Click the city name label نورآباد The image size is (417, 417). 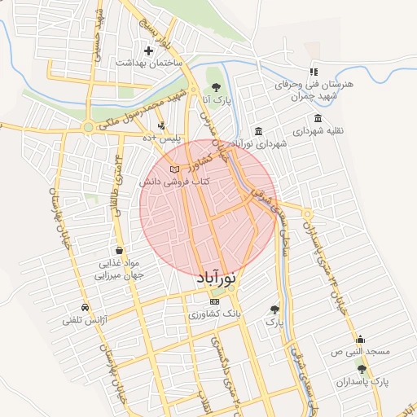point(218,279)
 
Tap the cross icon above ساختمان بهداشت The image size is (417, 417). point(147,50)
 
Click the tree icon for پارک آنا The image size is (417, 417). point(216,86)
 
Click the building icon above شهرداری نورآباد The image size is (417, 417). point(258,132)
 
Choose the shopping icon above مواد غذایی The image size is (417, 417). point(120,251)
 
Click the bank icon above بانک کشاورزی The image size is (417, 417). point(215,301)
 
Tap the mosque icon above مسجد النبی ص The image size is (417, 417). point(360,340)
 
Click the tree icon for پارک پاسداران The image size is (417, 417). point(362,369)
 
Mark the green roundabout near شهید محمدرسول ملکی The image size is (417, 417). point(88,127)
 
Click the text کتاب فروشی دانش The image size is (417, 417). point(174,182)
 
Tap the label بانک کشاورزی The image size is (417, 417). point(215,314)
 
